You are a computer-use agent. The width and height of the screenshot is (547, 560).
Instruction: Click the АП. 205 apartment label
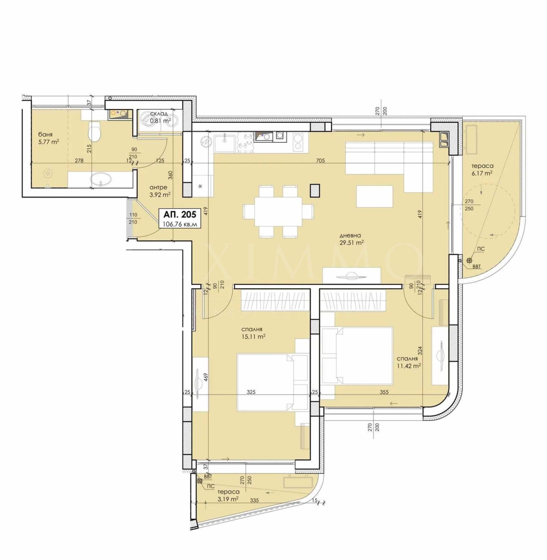[x=180, y=214]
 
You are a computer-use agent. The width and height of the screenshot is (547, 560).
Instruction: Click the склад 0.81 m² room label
[x=160, y=117]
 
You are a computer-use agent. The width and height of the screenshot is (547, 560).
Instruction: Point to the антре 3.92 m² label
[x=159, y=191]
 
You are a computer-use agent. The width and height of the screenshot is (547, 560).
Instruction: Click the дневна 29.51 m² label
[x=351, y=239]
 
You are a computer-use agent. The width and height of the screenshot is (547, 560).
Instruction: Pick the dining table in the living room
[x=278, y=211]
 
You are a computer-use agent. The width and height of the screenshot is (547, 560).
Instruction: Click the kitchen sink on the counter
[x=224, y=143]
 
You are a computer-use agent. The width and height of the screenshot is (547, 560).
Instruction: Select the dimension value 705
[x=320, y=160]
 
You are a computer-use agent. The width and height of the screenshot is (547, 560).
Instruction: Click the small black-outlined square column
[x=315, y=191]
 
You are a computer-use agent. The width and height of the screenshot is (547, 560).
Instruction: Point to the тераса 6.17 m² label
[x=482, y=169]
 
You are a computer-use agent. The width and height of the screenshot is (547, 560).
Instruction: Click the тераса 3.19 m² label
[x=228, y=495]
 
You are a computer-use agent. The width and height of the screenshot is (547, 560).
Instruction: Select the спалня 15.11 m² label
[x=252, y=333]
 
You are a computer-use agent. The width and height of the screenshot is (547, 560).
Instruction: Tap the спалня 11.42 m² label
[x=408, y=362]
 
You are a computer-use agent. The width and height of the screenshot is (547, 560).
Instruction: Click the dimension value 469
[x=206, y=377]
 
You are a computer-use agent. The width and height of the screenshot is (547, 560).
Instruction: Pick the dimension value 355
[x=384, y=392]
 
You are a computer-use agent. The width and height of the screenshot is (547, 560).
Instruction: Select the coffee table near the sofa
[x=374, y=196]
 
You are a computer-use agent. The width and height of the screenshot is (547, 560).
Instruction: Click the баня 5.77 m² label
[x=48, y=138]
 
